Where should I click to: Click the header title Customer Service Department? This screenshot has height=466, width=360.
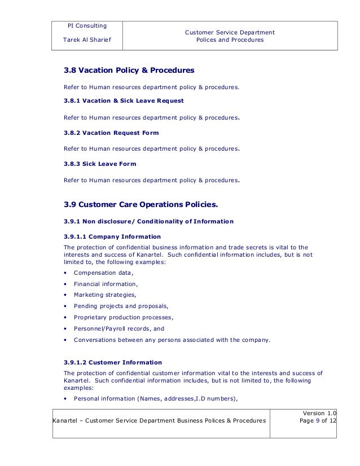click(x=230, y=33)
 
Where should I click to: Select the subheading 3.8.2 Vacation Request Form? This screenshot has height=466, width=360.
click(x=111, y=133)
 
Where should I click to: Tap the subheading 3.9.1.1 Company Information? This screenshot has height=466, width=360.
click(x=112, y=236)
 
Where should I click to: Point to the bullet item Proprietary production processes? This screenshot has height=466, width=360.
click(x=124, y=318)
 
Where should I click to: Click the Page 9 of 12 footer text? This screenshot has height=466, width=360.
click(x=318, y=421)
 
